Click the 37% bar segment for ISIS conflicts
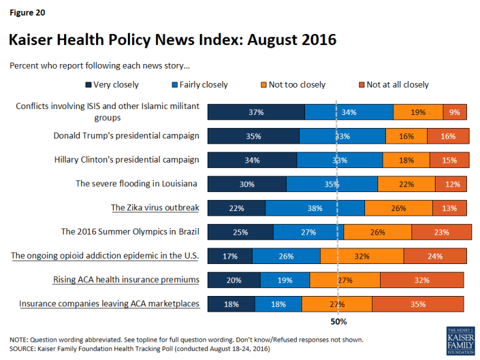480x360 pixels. (256, 112)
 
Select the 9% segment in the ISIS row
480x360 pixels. (455, 112)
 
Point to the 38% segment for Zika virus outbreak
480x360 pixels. (315, 208)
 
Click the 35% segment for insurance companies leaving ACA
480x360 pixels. (418, 304)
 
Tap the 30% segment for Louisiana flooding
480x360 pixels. (247, 184)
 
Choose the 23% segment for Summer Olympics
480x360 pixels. (441, 232)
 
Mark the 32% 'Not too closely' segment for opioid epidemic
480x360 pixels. (362, 256)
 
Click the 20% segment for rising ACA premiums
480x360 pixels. (234, 280)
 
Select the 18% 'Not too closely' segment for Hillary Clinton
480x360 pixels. (406, 160)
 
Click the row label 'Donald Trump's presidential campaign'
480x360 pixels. (126, 136)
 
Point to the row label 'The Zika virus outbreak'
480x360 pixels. (155, 208)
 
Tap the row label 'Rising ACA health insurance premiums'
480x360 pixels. (126, 280)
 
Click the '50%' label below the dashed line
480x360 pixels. (338, 321)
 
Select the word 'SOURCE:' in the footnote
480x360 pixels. (24, 349)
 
